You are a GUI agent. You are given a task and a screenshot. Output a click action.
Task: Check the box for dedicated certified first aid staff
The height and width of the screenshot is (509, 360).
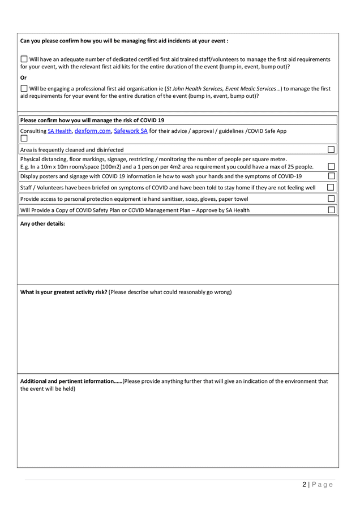(x=24, y=59)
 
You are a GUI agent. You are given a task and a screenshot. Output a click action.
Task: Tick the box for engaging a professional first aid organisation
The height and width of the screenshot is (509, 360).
(x=24, y=88)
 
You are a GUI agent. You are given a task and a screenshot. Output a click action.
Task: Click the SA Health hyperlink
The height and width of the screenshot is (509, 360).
(x=59, y=131)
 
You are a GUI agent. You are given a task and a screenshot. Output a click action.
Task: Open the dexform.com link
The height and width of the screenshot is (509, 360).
(x=93, y=131)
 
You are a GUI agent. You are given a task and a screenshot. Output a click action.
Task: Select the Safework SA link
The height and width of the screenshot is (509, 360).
(x=131, y=131)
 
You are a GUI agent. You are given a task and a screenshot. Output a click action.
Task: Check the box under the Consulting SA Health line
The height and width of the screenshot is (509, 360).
(x=24, y=139)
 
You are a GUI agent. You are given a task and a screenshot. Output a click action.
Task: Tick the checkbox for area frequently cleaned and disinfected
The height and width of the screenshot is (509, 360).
(x=331, y=150)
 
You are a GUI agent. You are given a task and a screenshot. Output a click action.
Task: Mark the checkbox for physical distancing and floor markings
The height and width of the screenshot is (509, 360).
(x=331, y=167)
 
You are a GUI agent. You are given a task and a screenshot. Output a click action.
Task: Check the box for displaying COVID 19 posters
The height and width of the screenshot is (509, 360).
(x=331, y=176)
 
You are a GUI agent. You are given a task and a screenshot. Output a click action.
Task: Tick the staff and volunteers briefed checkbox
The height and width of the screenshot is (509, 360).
(x=331, y=187)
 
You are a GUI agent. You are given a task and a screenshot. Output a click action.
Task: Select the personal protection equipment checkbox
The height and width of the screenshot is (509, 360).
(x=331, y=199)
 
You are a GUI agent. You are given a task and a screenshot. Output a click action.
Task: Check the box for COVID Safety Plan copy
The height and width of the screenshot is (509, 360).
(x=331, y=210)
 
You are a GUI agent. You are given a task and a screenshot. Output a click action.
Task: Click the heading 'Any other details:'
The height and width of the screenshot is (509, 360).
(x=42, y=224)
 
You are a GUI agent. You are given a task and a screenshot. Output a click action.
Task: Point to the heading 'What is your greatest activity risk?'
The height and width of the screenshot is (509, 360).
(x=64, y=292)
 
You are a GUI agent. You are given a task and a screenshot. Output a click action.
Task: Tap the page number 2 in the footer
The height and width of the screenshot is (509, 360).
(x=305, y=485)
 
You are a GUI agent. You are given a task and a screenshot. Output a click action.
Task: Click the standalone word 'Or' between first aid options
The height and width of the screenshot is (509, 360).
(x=23, y=77)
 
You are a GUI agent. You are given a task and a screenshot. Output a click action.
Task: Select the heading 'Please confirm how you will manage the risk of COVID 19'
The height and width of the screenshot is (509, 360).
(x=92, y=120)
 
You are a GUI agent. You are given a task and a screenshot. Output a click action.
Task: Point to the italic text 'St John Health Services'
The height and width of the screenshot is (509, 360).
(x=197, y=89)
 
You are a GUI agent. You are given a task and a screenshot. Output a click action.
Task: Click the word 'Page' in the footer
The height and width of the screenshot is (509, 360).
(x=323, y=485)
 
